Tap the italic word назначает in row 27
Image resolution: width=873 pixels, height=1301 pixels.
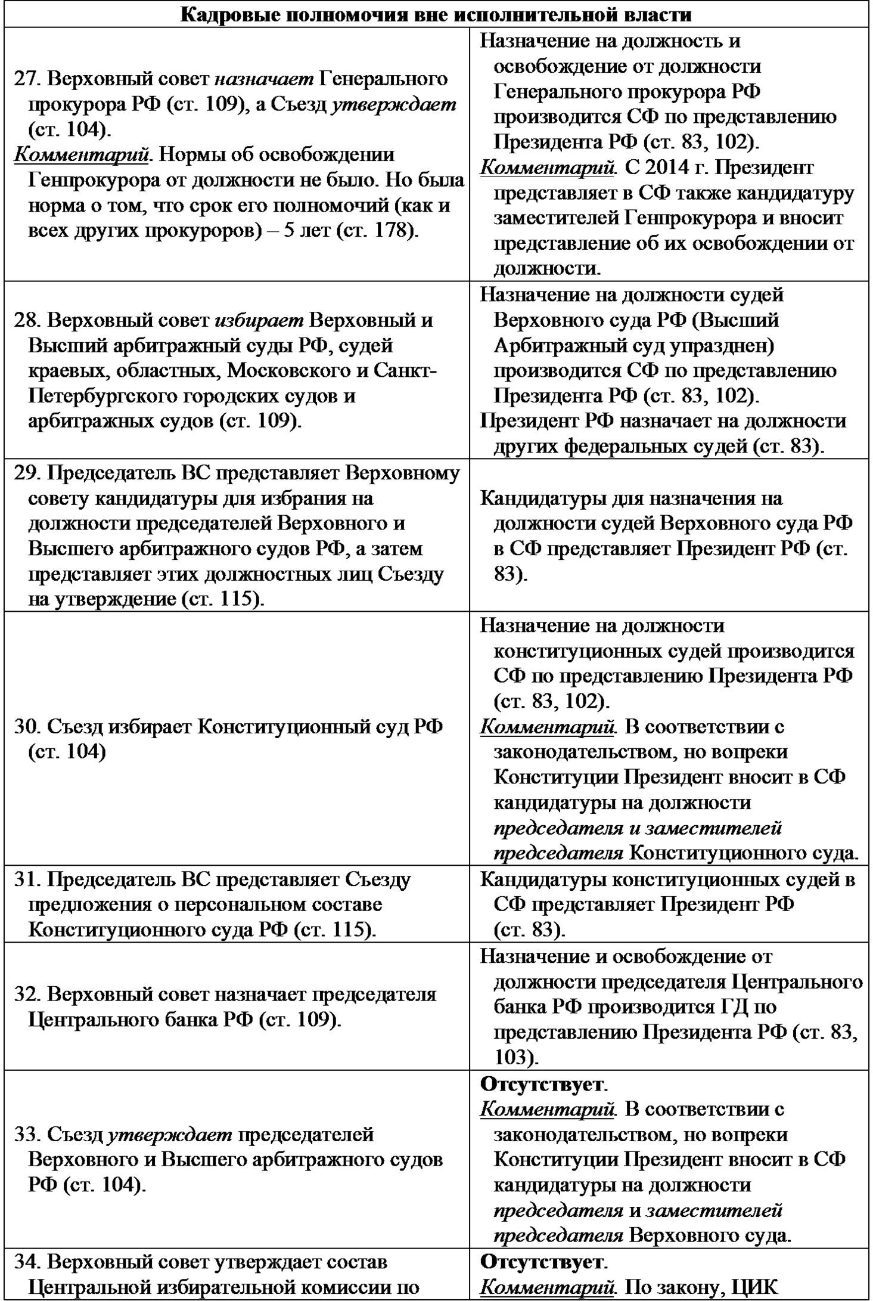263,79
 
